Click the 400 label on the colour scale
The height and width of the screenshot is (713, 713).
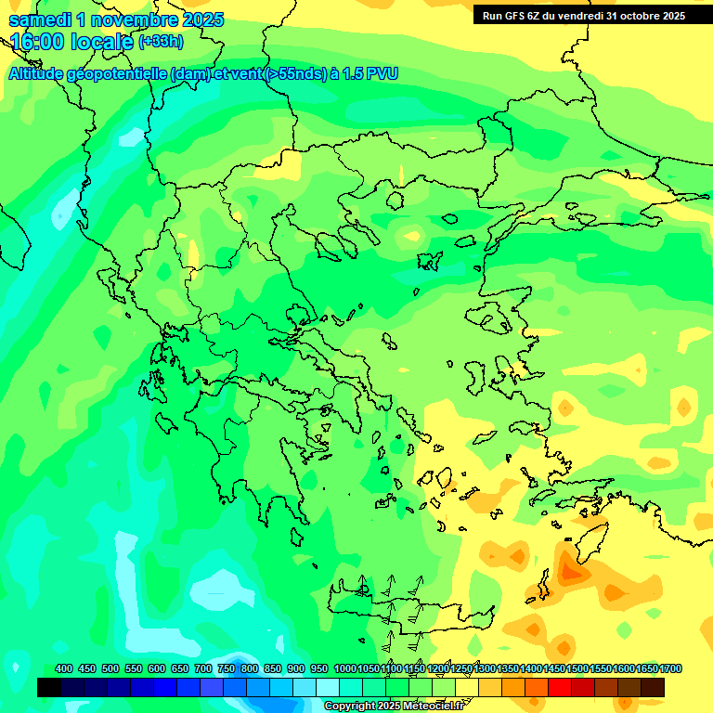click(64, 669)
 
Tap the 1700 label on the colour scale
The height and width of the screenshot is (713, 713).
click(671, 669)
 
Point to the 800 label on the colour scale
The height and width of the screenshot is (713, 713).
click(249, 669)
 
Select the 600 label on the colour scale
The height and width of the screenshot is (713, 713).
click(157, 669)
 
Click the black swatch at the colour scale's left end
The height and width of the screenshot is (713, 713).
click(49, 688)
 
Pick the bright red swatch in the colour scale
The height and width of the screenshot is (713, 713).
click(560, 688)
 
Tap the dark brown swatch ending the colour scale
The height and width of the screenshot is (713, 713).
click(653, 688)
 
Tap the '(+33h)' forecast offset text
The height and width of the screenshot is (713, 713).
click(161, 42)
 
